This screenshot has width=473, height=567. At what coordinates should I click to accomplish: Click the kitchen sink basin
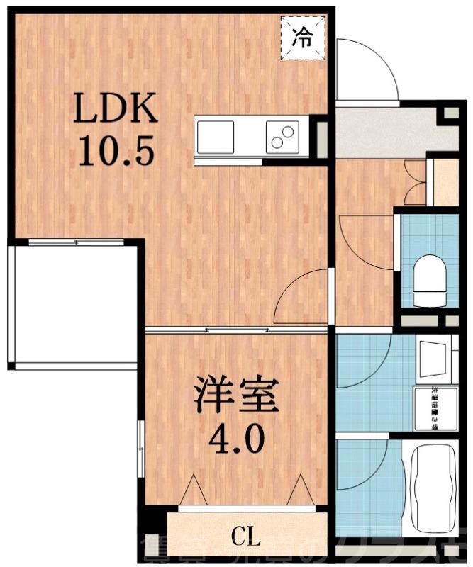pyautogui.click(x=216, y=136)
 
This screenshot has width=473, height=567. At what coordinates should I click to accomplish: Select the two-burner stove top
pyautogui.click(x=282, y=136)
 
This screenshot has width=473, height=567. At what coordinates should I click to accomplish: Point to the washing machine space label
pyautogui.click(x=430, y=409)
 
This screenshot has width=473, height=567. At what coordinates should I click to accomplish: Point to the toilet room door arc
pyautogui.click(x=365, y=241)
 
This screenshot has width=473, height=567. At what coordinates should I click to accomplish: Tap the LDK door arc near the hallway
pyautogui.click(x=301, y=298)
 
